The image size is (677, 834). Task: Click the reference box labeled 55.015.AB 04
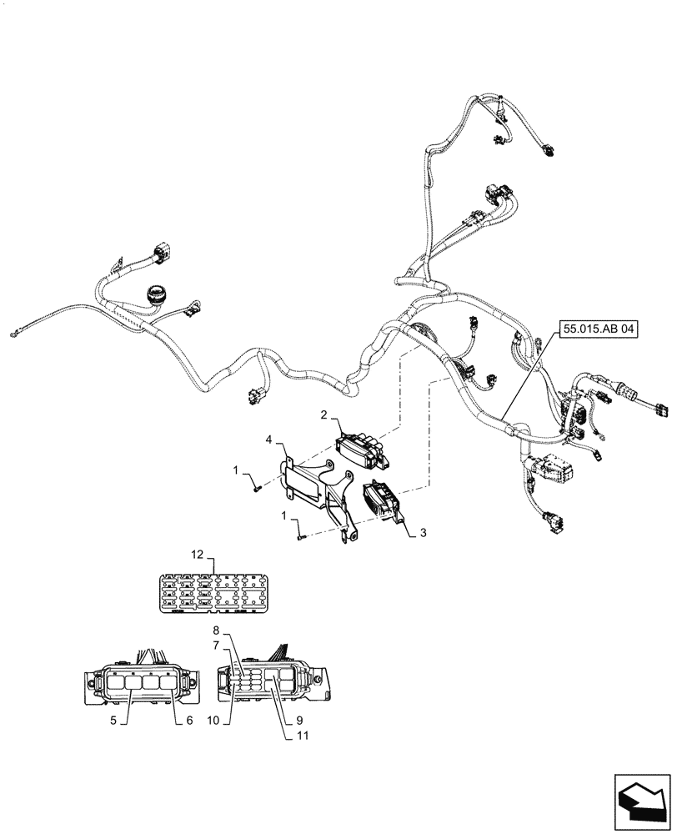pos(598,329)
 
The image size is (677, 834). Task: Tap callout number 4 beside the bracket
pos(269,439)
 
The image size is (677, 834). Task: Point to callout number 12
pos(197,555)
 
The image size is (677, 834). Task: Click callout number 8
pos(216,631)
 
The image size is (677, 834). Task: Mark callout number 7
pos(216,645)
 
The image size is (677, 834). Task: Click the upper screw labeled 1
pos(258,487)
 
